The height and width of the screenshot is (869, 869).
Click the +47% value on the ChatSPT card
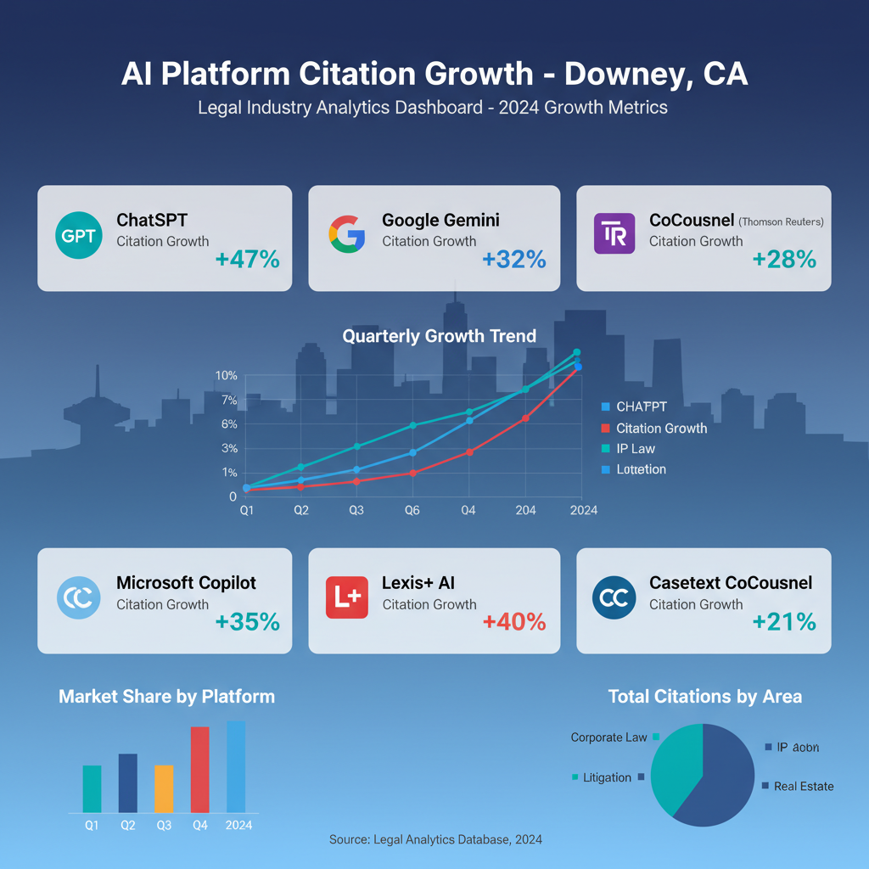[x=247, y=259]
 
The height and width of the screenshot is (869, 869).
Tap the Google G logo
[x=346, y=234]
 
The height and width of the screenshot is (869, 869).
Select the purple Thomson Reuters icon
[x=614, y=234]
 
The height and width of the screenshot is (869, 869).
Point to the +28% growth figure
[x=784, y=259]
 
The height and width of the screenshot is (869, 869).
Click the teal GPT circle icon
[x=78, y=235]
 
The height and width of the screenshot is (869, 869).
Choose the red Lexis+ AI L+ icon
[x=346, y=597]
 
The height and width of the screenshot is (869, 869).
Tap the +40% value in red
[x=514, y=622]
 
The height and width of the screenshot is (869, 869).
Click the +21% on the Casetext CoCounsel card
[x=784, y=622]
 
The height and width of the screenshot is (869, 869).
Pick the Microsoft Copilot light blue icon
[x=78, y=597]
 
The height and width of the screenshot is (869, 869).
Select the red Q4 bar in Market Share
[x=199, y=770]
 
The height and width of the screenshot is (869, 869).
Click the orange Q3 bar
[x=164, y=788]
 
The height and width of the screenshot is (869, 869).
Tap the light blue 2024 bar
[x=236, y=766]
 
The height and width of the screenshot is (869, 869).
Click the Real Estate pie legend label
[x=804, y=787]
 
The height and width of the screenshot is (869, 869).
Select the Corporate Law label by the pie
[x=608, y=737]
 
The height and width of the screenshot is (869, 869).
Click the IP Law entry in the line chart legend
[x=636, y=449]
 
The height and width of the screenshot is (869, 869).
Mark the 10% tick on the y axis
[x=227, y=375]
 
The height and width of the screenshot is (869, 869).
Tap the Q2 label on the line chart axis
[x=300, y=510]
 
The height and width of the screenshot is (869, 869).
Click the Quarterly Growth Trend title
[x=439, y=336]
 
